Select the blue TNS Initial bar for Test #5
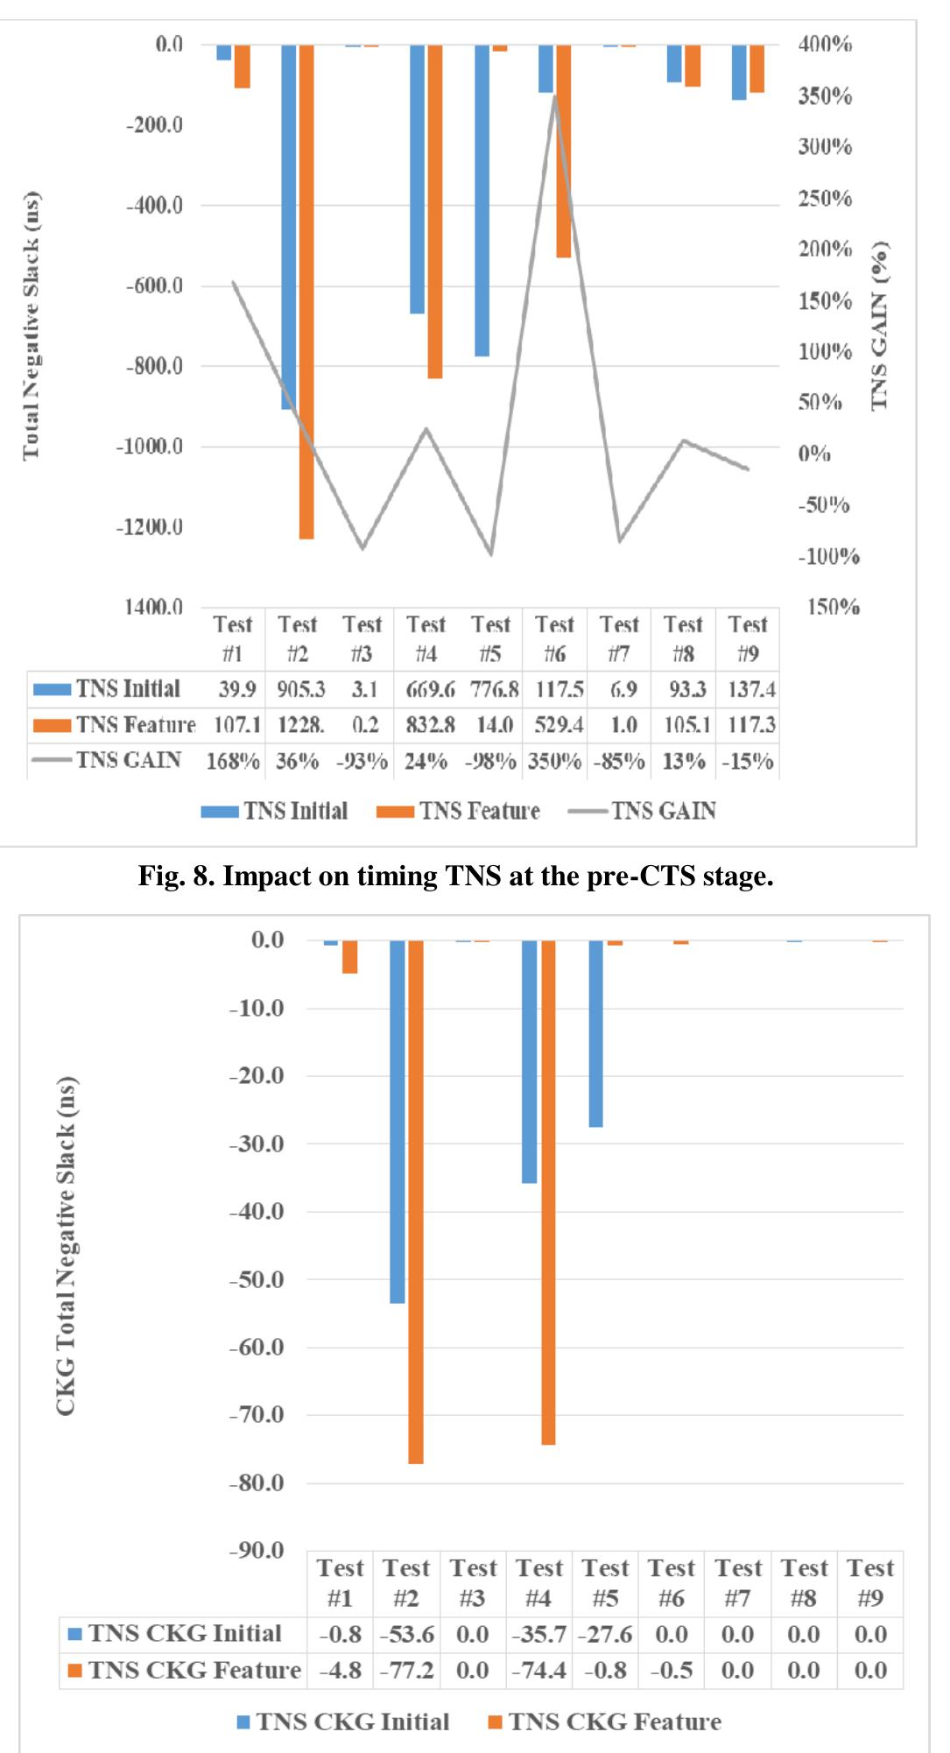click(482, 201)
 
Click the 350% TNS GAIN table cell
click(554, 761)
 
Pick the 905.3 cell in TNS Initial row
click(300, 690)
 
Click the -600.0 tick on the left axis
click(154, 285)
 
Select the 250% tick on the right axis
click(824, 199)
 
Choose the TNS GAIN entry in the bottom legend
click(643, 811)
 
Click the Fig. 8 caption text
click(455, 876)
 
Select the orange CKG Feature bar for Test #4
click(548, 1191)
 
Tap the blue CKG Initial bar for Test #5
click(595, 1033)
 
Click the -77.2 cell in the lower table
click(407, 1671)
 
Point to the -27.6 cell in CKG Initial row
click(605, 1635)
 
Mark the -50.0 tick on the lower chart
click(257, 1279)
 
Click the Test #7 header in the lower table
click(738, 1582)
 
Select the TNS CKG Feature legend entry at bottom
click(605, 1721)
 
